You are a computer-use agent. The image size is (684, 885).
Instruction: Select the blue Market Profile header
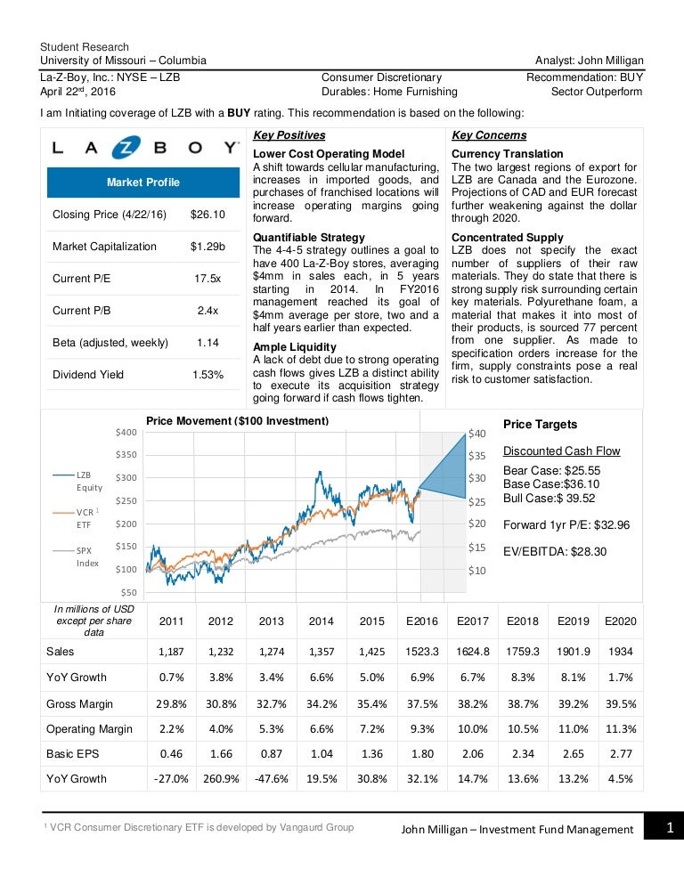point(142,183)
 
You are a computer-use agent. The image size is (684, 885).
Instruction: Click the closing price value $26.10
point(208,215)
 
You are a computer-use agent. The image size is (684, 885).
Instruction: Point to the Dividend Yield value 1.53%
point(208,375)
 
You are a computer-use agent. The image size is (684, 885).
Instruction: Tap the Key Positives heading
point(289,135)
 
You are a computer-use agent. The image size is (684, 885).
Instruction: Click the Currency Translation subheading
point(505,154)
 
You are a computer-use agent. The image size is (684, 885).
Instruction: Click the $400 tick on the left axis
point(126,432)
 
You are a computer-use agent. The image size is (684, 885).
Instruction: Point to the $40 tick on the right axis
point(477,434)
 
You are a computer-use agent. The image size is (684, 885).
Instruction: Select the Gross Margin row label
point(79,703)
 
